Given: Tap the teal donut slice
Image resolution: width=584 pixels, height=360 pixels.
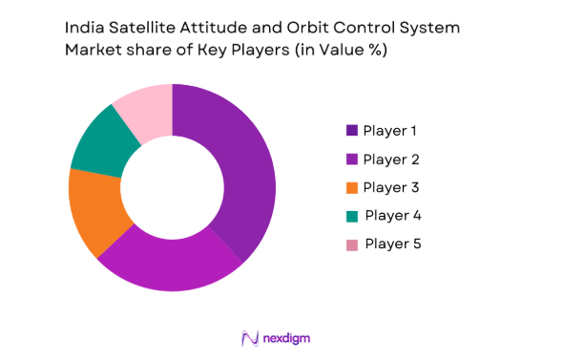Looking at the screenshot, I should click(x=100, y=143).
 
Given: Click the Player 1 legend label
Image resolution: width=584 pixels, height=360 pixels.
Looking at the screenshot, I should click(x=390, y=130).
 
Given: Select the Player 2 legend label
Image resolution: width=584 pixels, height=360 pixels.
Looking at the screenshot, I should click(x=390, y=159).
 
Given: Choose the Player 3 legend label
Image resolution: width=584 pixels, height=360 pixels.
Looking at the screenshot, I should click(x=390, y=186).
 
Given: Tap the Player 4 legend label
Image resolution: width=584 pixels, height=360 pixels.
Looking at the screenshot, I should click(x=392, y=215).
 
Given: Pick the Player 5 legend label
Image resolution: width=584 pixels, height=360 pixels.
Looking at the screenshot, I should click(x=392, y=244).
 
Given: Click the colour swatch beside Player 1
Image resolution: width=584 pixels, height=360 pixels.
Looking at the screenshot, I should click(x=351, y=130).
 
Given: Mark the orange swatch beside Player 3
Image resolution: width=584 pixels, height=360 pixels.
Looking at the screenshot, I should click(x=351, y=187).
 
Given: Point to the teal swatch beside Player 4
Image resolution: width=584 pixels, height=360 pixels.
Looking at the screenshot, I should click(x=351, y=216).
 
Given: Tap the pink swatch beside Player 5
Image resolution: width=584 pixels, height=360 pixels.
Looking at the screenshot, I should click(x=351, y=244).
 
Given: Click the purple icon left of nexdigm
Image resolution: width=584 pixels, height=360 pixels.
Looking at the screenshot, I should click(x=251, y=337).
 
